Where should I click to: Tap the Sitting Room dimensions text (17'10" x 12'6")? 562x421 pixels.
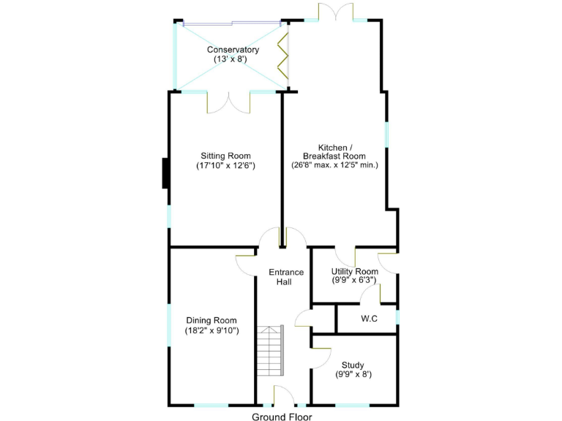[225, 166]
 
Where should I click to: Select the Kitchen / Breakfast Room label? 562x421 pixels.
[334, 151]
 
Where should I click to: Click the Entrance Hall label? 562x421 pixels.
[285, 278]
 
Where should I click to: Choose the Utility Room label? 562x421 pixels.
[354, 272]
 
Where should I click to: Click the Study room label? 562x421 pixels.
[353, 365]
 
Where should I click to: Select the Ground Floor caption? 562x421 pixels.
[282, 417]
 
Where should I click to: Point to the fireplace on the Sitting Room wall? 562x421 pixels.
[165, 172]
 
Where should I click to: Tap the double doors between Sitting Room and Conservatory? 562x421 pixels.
[229, 102]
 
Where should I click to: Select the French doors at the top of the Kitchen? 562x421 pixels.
[336, 13]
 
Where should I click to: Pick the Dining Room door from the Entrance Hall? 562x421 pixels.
[246, 260]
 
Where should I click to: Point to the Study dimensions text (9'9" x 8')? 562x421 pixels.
[353, 375]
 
